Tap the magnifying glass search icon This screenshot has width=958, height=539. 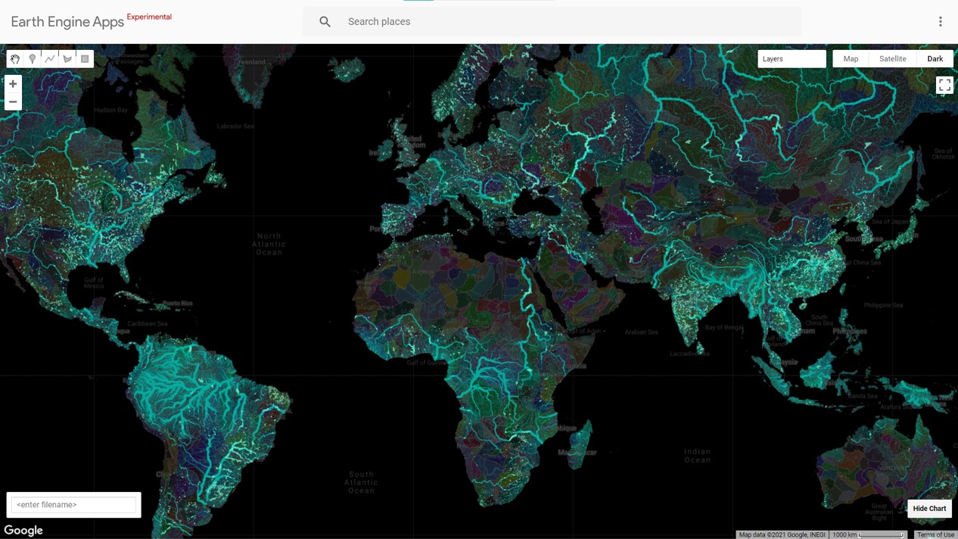point(325,22)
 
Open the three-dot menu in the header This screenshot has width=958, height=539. point(941,22)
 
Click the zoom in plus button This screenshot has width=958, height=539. point(13,84)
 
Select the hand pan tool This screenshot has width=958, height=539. point(15,59)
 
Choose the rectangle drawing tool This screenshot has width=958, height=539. point(85,59)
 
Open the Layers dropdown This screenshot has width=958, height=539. point(792,59)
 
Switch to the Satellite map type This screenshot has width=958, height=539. point(892,59)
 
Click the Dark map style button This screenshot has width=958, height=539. point(935,59)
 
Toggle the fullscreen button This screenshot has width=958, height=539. point(944,86)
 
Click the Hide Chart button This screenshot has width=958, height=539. point(929,509)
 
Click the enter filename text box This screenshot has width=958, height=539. point(74,505)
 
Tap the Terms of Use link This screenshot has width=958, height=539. point(935,534)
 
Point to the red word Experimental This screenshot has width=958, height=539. point(149,17)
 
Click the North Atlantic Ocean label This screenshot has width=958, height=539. point(269,244)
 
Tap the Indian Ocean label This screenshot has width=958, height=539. point(697,456)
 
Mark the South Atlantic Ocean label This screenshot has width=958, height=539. point(361,482)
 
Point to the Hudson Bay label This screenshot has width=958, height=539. point(110,111)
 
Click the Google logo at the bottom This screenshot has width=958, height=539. point(23,531)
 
